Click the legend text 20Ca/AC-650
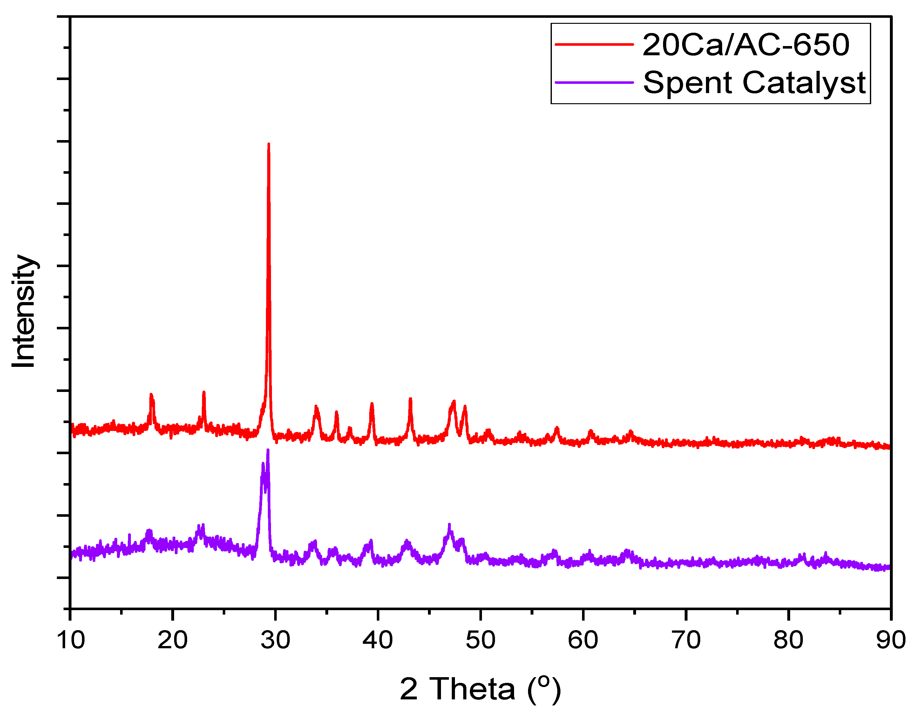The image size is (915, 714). click(746, 45)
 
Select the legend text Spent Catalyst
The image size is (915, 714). click(754, 83)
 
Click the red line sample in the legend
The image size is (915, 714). click(594, 44)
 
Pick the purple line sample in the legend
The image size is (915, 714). click(594, 82)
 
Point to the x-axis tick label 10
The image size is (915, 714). click(71, 640)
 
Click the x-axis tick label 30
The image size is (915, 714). click(275, 640)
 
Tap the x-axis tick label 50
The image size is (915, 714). click(481, 640)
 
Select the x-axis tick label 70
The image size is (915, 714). click(686, 640)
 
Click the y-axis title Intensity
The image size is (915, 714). click(24, 311)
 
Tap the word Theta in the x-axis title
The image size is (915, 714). click(472, 689)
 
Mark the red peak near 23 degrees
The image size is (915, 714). click(204, 393)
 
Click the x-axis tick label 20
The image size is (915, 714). click(173, 640)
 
